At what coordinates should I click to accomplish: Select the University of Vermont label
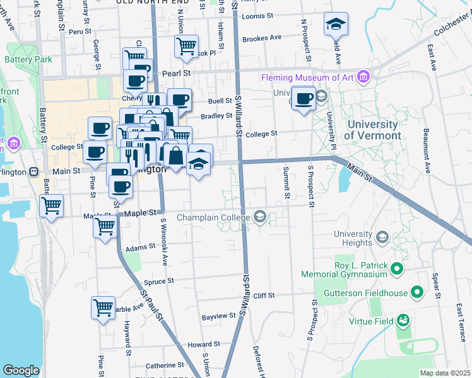(372, 130)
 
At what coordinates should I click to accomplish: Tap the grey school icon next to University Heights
(381, 237)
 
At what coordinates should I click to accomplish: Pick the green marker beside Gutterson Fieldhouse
(416, 292)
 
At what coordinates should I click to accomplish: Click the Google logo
(21, 370)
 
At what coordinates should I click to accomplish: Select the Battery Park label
(22, 60)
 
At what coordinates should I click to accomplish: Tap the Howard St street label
(203, 345)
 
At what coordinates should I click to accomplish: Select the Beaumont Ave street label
(427, 151)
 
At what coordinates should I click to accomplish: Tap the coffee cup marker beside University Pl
(304, 99)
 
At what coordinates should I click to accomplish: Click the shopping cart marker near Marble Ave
(103, 308)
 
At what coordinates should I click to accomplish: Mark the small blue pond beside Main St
(343, 180)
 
